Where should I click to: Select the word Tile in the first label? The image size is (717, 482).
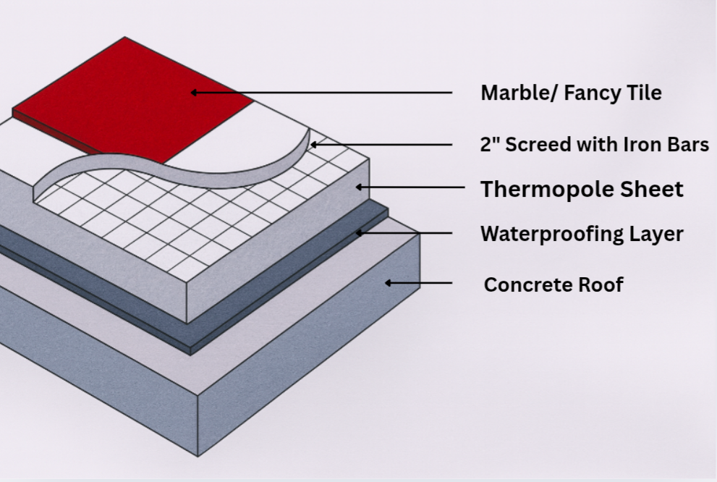(x=643, y=93)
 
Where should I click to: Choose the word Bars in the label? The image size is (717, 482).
(x=688, y=144)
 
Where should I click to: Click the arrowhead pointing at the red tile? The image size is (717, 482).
(x=195, y=93)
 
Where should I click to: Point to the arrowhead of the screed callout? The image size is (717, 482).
(x=313, y=145)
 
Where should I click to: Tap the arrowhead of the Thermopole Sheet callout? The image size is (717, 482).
(x=359, y=187)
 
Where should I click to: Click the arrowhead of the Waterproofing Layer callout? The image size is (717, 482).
(x=359, y=233)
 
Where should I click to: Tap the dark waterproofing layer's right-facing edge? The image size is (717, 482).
(x=289, y=304)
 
